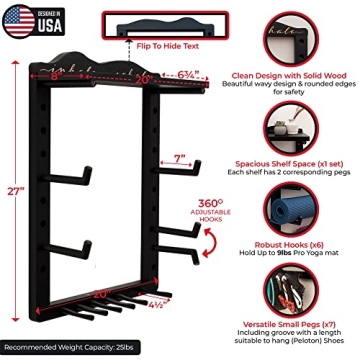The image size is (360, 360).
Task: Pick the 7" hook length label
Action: pos(181,158)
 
